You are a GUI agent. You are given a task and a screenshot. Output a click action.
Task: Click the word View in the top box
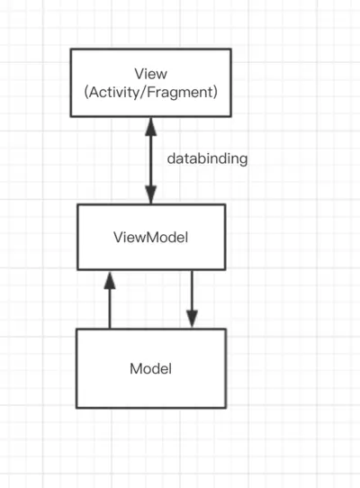pos(149,73)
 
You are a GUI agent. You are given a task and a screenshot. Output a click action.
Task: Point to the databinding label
pos(207,158)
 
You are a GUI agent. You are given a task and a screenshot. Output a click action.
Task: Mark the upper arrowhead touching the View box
pos(150,125)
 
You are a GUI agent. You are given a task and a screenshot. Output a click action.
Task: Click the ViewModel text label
pos(150,238)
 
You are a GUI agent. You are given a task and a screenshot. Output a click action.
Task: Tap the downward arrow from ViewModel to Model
pos(192,297)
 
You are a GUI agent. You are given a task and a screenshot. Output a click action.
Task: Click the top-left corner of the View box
pos(72,50)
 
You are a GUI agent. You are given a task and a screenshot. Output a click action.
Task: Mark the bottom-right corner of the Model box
pos(226,406)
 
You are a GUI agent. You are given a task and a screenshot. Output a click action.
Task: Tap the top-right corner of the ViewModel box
pos(225,204)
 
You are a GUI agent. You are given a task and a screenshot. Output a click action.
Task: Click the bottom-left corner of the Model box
pos(76,406)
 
